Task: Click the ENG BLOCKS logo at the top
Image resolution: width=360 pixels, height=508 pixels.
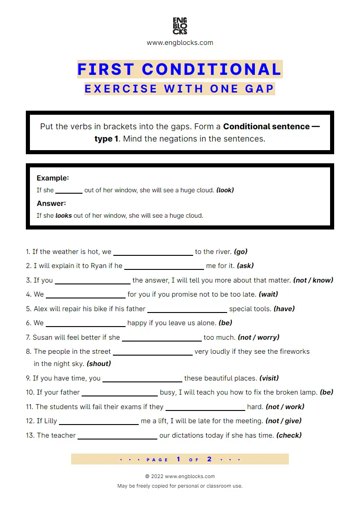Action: click(x=180, y=26)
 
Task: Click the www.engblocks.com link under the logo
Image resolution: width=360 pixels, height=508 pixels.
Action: click(x=180, y=43)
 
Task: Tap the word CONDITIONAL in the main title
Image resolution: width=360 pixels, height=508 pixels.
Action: click(x=212, y=69)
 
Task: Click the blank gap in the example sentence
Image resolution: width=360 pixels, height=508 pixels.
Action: click(x=69, y=191)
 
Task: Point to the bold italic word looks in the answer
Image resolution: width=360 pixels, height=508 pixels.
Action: click(x=63, y=215)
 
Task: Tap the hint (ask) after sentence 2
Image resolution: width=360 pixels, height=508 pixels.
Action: click(x=245, y=266)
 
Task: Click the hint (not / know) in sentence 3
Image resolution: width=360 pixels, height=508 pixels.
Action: click(x=313, y=280)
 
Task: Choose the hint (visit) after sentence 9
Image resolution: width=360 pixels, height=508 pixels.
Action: click(x=269, y=378)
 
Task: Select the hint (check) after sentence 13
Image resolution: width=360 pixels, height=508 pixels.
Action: click(x=289, y=435)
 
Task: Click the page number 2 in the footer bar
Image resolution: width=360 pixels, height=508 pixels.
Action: click(x=209, y=459)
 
